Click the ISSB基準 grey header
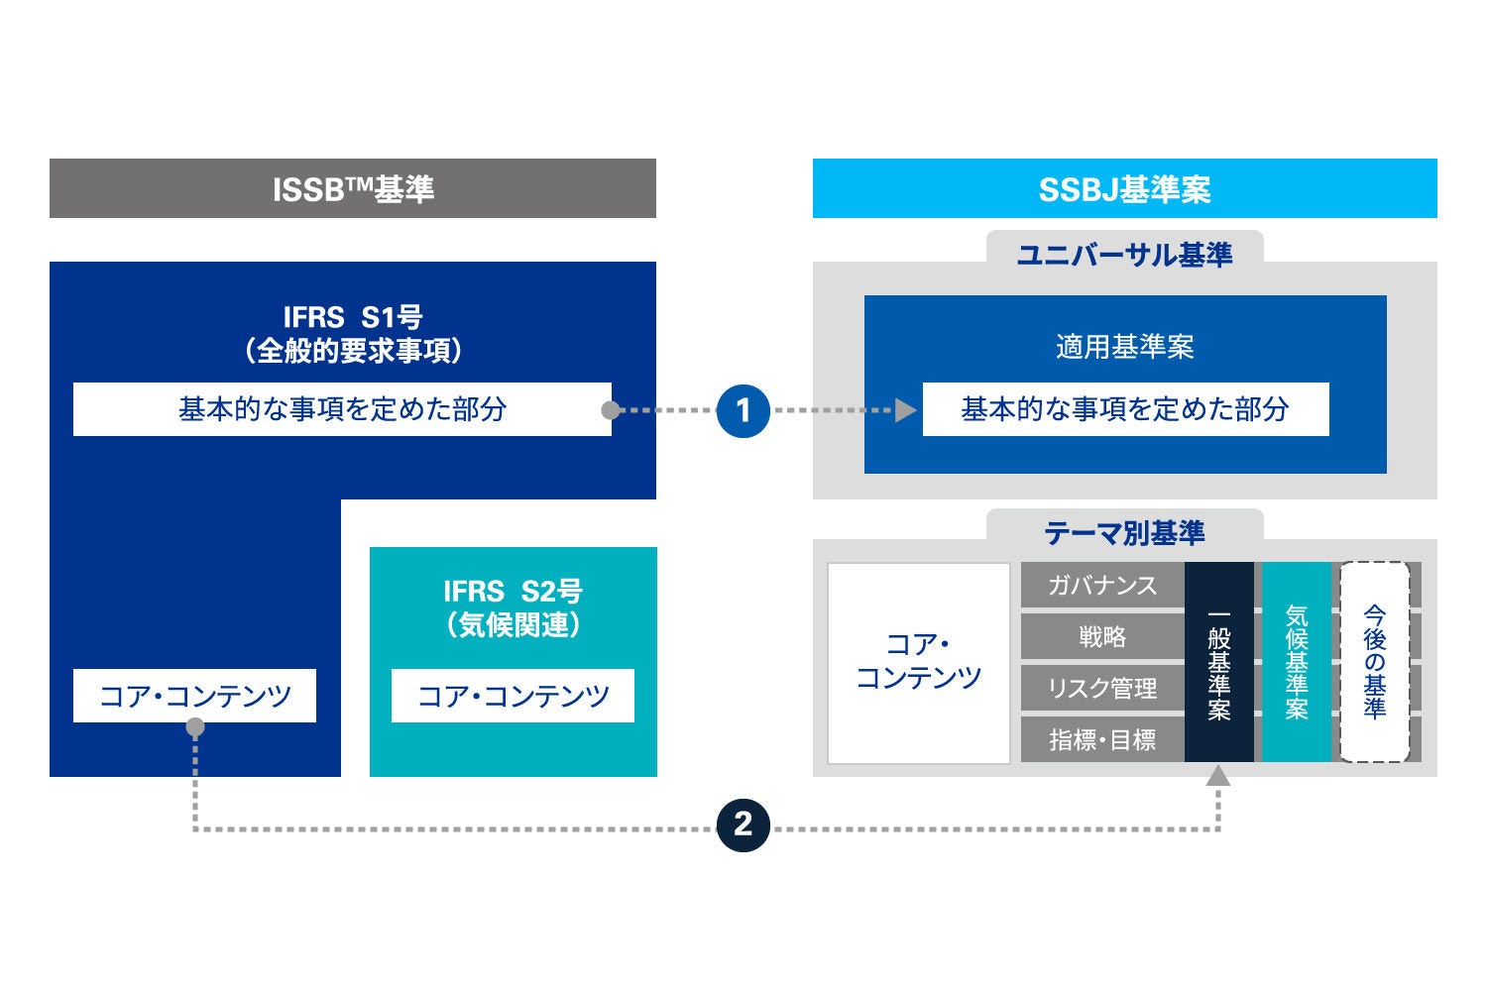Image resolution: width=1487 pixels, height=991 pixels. [x=353, y=188]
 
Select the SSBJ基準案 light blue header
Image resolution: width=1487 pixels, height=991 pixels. [x=1124, y=188]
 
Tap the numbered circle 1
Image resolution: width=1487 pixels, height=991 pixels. [x=743, y=409]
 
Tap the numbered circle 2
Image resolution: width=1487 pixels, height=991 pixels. [x=743, y=824]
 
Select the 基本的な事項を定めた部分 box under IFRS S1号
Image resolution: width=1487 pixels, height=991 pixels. [x=342, y=409]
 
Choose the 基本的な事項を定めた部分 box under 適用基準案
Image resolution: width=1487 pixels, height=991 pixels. [x=1125, y=409]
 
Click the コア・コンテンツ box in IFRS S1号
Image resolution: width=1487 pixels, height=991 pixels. [x=194, y=696]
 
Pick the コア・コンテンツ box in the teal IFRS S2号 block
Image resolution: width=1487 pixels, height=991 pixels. [x=513, y=696]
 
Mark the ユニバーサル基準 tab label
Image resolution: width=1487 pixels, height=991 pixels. [x=1124, y=255]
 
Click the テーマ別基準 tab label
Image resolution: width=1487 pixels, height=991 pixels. [x=1124, y=533]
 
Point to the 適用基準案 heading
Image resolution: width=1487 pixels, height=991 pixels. [x=1124, y=347]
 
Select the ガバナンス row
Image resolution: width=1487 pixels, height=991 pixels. [x=1102, y=586]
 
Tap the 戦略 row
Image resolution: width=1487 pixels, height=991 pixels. [x=1102, y=637]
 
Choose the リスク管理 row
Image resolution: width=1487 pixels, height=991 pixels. [x=1102, y=689]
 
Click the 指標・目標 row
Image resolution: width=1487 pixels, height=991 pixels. [x=1102, y=740]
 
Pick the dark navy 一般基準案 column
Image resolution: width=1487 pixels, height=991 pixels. [x=1219, y=662]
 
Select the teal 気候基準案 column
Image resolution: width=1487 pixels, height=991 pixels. [x=1297, y=662]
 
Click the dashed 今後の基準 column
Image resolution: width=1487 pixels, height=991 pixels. [x=1374, y=662]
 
